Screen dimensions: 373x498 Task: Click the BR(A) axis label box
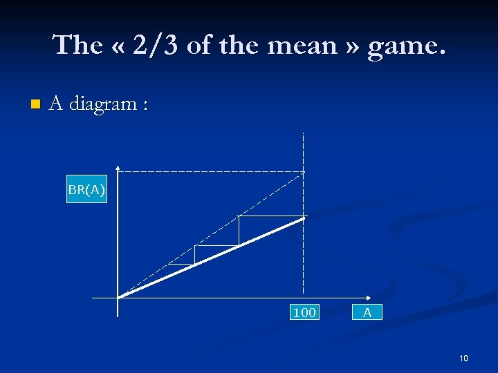pos(87,189)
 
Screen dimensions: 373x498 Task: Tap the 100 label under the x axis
pos(304,313)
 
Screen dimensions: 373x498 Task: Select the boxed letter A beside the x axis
pos(367,313)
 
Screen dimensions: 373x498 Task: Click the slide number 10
pos(463,358)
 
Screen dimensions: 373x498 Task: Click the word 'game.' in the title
pos(407,46)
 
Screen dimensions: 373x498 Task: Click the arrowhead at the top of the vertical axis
pos(119,167)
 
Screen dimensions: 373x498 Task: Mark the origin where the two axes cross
pos(119,298)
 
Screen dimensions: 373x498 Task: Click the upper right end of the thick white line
pos(304,218)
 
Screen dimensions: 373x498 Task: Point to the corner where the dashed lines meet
pos(304,171)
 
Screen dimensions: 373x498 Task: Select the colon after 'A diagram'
pos(144,105)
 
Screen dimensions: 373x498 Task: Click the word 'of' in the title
pos(199,45)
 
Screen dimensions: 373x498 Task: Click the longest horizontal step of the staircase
pos(271,216)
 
